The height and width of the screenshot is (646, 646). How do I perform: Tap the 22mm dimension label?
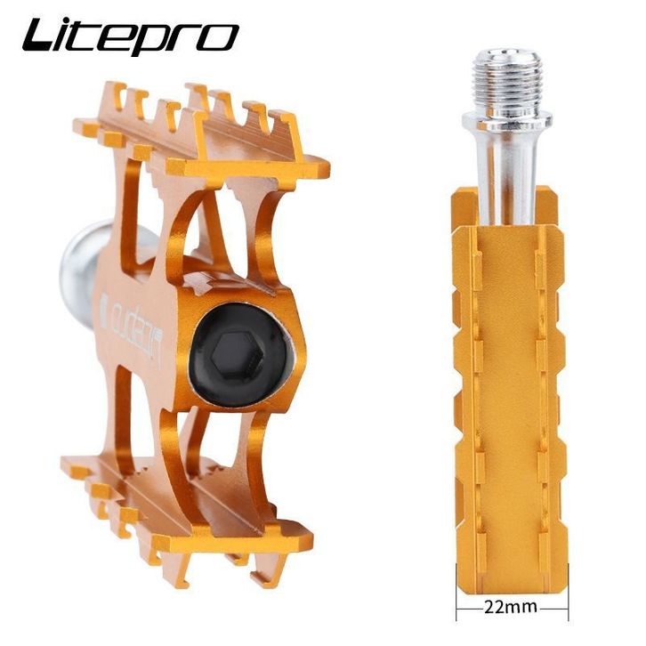(x=511, y=607)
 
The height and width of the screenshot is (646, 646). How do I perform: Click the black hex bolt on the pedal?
(x=242, y=355)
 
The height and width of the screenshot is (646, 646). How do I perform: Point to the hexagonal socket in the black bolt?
(x=238, y=355)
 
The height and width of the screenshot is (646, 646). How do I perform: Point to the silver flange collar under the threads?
(x=507, y=120)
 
